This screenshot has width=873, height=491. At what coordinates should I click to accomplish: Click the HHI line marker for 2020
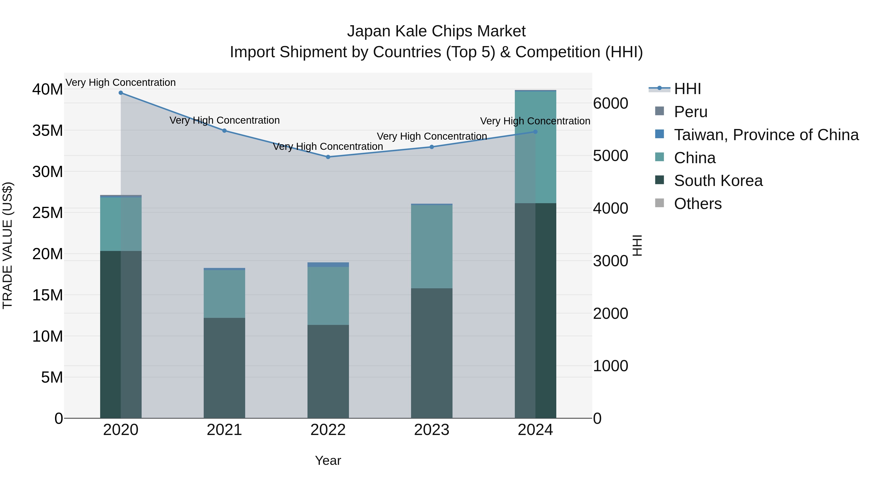[x=121, y=93]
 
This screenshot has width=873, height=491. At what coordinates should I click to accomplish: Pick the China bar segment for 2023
[x=431, y=247]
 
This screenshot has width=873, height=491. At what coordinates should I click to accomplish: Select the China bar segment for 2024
[x=535, y=147]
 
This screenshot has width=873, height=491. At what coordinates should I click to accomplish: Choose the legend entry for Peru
[x=690, y=112]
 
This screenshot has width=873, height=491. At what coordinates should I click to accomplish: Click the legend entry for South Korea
[x=718, y=181]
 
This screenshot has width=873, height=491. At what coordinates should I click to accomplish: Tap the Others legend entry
[x=697, y=204]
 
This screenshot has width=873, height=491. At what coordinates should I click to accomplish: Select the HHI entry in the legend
[x=687, y=89]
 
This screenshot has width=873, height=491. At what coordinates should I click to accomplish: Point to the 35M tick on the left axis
[x=48, y=130]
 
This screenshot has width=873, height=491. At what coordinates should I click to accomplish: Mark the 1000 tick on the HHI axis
[x=610, y=366]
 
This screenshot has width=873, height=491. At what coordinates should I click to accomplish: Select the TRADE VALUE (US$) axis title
[x=8, y=245]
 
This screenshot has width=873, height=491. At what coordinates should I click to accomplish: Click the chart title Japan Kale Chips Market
[x=436, y=31]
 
